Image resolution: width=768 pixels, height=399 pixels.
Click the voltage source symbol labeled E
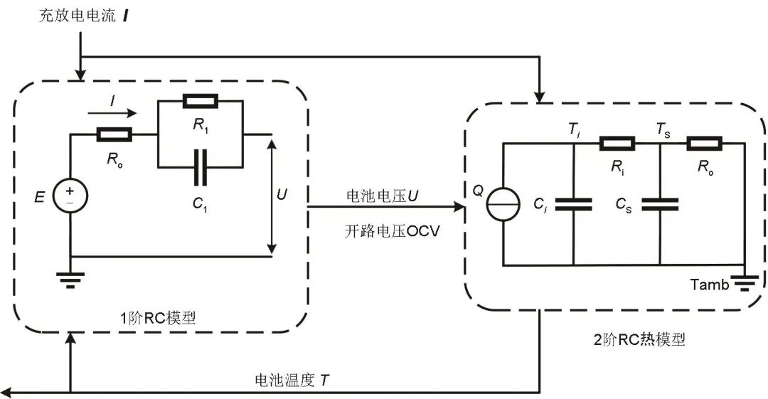click(x=70, y=196)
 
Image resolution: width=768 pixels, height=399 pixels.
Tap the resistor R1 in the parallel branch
click(x=201, y=102)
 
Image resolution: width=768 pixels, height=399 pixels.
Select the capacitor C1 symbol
click(x=201, y=168)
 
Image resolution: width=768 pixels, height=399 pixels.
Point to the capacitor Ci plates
click(x=574, y=204)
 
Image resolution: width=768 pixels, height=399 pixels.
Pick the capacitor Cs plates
click(x=660, y=204)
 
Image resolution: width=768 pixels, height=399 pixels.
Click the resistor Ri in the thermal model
click(x=617, y=144)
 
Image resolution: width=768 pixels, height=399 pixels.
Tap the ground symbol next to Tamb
click(x=745, y=283)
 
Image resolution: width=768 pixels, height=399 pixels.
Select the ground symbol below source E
click(x=70, y=280)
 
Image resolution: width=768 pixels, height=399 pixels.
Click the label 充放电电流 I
click(x=84, y=16)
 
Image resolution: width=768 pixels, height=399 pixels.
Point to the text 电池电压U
click(x=383, y=196)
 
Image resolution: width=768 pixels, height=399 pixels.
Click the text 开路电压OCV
click(x=392, y=231)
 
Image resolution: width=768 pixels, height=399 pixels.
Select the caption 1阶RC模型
click(x=158, y=318)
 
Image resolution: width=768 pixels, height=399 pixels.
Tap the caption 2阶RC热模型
click(x=639, y=339)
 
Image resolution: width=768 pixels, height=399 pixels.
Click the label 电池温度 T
click(x=292, y=380)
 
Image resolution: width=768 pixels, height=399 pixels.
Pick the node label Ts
click(x=663, y=130)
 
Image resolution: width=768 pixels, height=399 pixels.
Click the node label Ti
click(x=574, y=130)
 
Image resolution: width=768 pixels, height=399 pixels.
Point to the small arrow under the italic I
click(x=112, y=114)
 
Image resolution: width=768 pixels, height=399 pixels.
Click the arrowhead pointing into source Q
click(x=459, y=207)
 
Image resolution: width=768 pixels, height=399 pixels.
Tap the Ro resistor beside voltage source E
click(x=114, y=134)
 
